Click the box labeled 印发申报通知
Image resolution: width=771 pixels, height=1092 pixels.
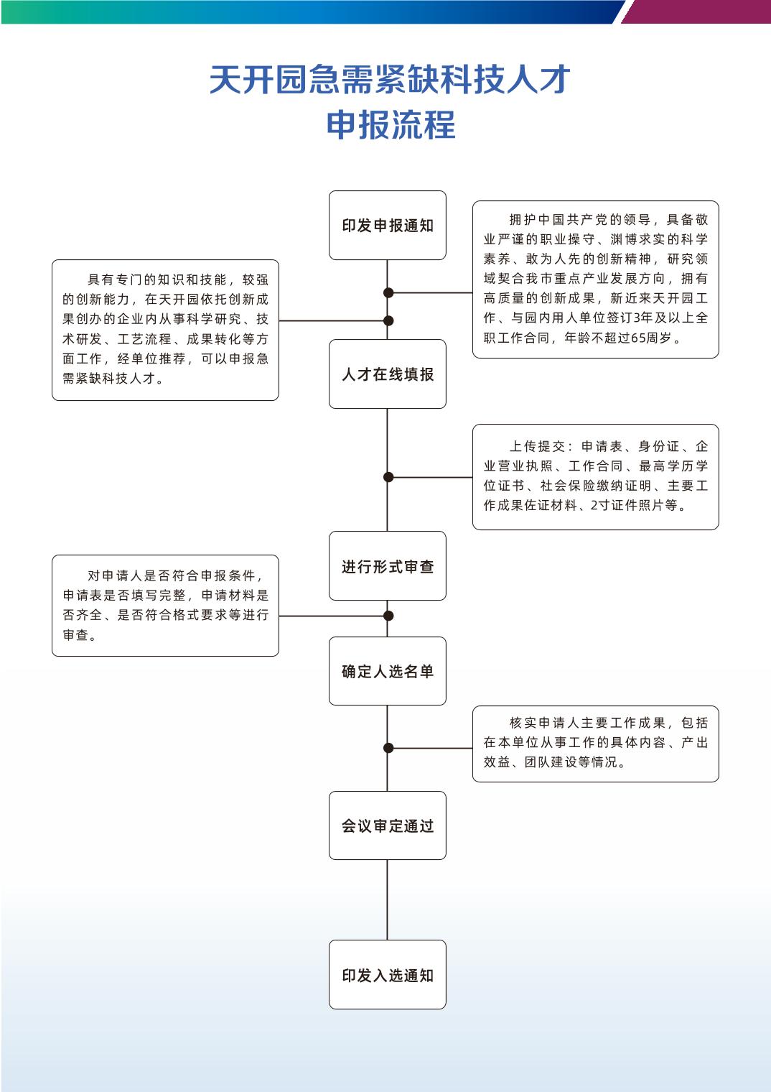pos(387,226)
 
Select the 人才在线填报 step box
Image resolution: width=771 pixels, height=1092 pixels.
pos(387,374)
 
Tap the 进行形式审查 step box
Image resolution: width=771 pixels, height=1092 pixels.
pos(387,566)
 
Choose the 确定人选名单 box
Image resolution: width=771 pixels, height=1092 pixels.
pos(387,671)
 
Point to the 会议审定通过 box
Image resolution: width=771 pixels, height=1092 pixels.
pos(387,825)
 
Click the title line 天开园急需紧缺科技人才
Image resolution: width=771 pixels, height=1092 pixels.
pos(390,79)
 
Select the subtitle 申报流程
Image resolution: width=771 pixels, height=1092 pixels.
pos(391,125)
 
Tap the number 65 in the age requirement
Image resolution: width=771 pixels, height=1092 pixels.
pos(638,338)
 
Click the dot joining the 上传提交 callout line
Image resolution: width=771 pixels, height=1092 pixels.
pos(388,477)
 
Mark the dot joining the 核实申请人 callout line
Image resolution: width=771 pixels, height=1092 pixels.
pos(388,748)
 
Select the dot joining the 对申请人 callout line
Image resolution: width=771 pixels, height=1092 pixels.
pos(388,616)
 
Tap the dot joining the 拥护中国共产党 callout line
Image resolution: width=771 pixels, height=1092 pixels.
pos(388,292)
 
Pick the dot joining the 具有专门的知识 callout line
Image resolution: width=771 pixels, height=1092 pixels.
pos(388,320)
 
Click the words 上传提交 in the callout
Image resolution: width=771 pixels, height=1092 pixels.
pos(537,446)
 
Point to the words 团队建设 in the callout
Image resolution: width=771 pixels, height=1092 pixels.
pos(551,762)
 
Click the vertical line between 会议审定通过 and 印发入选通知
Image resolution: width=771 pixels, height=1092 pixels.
pos(387,900)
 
